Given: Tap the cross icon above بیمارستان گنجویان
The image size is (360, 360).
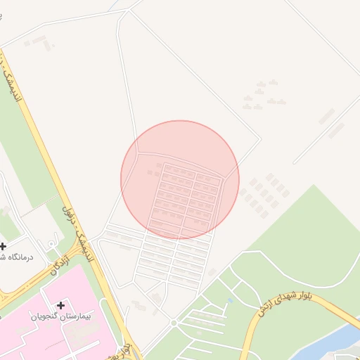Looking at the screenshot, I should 61,305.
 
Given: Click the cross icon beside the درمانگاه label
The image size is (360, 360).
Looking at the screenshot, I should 4,246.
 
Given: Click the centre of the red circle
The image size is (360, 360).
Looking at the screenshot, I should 180,179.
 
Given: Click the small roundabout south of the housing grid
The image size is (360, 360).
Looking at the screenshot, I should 174,323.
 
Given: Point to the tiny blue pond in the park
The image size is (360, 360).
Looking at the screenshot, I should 231,302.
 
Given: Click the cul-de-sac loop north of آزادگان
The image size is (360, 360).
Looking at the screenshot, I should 52,243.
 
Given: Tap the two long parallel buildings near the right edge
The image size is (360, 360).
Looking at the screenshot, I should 330,123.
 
